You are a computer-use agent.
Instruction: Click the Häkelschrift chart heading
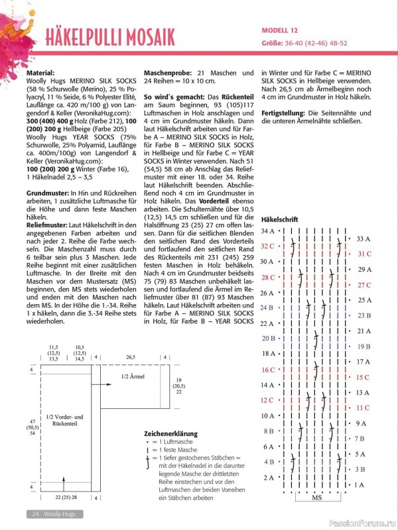pos(280,219)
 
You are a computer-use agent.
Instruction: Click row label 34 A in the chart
pos(268,231)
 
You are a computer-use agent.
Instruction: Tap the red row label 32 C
pos(268,246)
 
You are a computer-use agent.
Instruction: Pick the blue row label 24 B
pos(268,307)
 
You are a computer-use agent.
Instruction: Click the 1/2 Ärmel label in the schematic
pos(134,376)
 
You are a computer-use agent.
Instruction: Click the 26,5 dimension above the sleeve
pos(130,356)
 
